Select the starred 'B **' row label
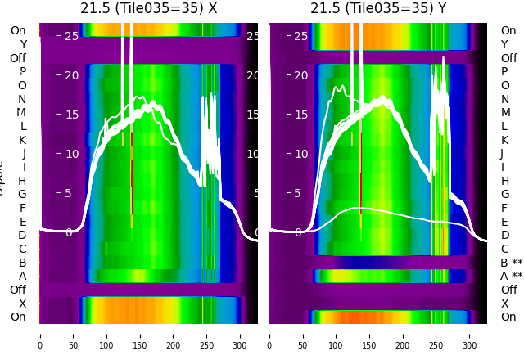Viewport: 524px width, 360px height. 511,263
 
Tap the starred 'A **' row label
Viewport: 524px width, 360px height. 511,277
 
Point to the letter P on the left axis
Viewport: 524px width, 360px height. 23,72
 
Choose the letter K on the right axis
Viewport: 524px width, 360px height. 504,140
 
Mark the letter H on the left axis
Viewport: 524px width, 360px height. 23,181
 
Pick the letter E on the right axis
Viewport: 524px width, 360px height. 504,222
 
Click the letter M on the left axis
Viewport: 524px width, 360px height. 22,113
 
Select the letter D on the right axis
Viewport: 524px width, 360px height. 504,236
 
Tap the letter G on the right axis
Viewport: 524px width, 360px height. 504,195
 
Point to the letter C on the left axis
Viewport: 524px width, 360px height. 23,249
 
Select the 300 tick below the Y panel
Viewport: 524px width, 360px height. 471,335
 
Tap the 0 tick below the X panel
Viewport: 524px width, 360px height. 40,335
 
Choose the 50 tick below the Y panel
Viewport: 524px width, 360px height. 303,335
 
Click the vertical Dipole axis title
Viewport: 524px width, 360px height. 3,176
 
